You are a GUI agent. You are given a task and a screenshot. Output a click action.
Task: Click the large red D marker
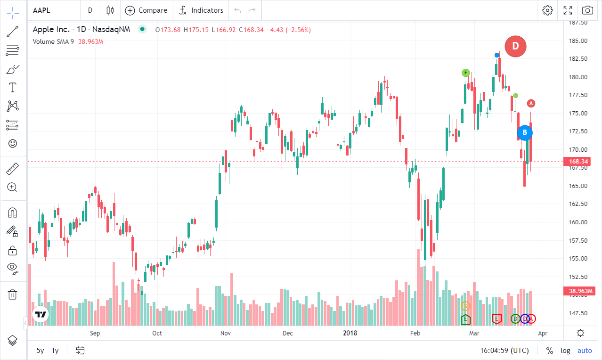pos(515,46)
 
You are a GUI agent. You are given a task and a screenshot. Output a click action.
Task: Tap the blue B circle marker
pos(525,133)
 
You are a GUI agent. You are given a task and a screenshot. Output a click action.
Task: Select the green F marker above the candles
pos(466,73)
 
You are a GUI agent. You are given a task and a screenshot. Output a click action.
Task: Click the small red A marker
pos(531,103)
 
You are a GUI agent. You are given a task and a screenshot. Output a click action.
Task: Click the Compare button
pos(146,10)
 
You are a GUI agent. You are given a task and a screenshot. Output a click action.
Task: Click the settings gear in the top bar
pos(547,10)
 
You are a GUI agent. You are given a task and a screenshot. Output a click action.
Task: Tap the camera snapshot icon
pos(587,10)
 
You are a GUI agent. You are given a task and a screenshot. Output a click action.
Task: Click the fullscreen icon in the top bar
pos(568,10)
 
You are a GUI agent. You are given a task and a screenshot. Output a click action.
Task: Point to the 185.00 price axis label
pos(578,41)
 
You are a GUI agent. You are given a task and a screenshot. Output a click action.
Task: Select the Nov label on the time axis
pos(225,333)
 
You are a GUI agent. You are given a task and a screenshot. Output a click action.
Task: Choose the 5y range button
pos(41,351)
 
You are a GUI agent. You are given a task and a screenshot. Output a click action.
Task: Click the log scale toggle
pos(565,351)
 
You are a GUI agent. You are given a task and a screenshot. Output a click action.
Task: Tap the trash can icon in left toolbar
pos(13,295)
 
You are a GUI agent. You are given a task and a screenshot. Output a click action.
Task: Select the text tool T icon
pos(13,87)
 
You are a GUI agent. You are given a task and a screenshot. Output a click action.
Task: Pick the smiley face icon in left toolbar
pos(13,143)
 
